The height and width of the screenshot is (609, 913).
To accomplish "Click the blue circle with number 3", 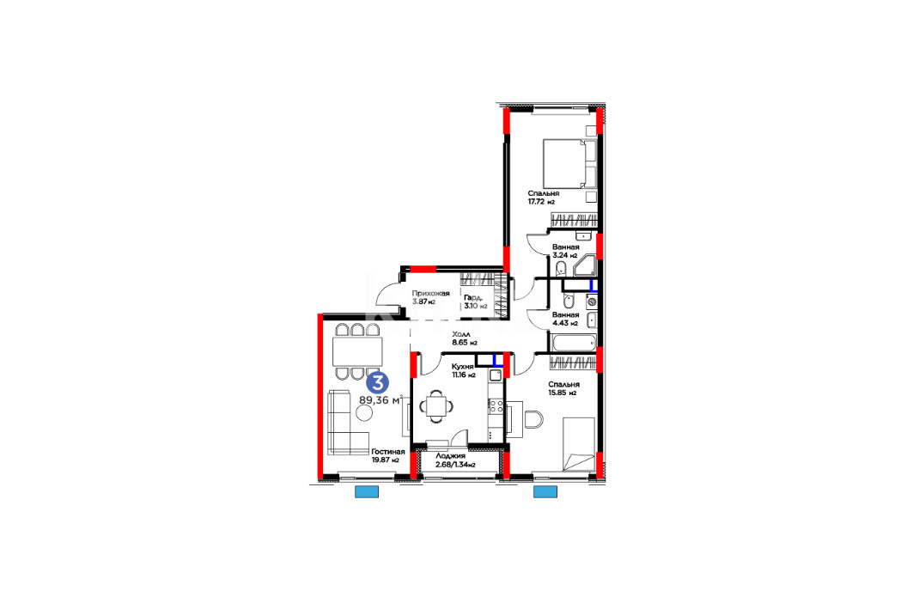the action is pos(377,383).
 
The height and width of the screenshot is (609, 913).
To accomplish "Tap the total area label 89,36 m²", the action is pos(381,400).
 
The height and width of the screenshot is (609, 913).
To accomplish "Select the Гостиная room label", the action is pos(388,452).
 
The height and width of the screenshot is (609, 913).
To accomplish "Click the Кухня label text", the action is pos(462,367).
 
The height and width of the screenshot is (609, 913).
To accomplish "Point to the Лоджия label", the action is pos(451,456).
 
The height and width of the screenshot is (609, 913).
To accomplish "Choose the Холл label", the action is pos(462,335).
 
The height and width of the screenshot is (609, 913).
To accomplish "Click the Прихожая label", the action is pos(430,294).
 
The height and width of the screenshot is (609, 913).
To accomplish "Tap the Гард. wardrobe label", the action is pos(473,297).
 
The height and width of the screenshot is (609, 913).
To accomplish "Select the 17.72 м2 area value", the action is pos(541,202).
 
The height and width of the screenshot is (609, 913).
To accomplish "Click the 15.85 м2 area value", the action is pos(562,393).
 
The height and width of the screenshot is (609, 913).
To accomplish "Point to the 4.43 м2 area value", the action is pos(565,323).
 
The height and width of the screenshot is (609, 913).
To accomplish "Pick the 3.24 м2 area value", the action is pos(565,255).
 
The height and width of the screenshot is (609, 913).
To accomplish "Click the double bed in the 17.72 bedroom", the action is pos(570,163).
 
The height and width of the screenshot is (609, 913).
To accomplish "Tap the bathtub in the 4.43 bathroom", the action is pos(574,343).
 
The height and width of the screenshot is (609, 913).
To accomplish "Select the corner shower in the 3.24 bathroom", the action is pos(584,265).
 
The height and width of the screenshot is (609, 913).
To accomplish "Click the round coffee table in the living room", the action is pos(365,413).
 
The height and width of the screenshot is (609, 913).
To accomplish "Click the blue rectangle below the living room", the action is pos(367,492).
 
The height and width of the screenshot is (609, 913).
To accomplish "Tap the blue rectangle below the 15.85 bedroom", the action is pos(545,492).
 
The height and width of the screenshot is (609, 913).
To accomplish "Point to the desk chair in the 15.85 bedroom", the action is pos(533,419).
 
